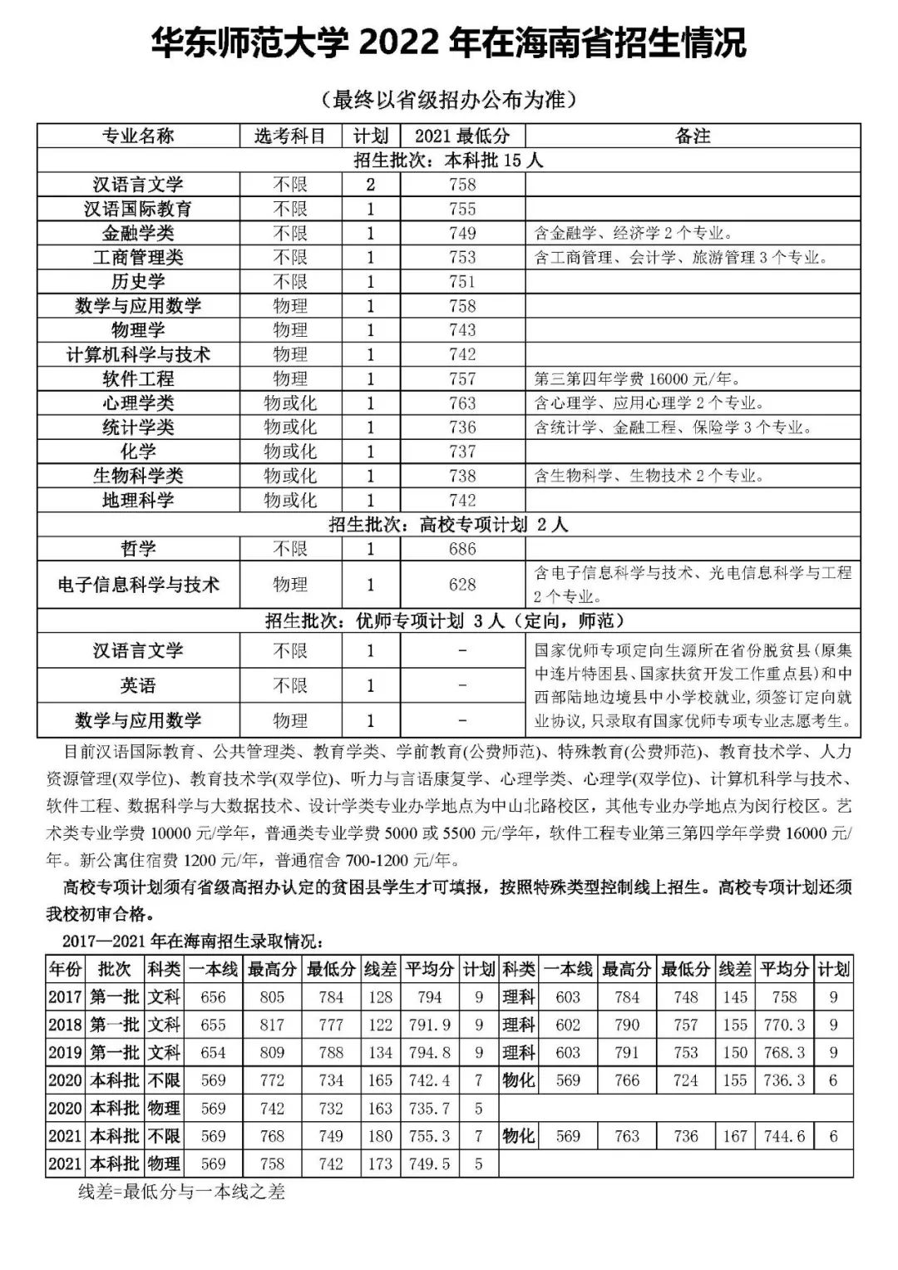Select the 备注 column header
(693, 136)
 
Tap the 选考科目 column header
(290, 136)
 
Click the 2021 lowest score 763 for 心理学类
(462, 403)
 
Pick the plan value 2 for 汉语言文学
(371, 185)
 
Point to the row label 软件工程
(138, 379)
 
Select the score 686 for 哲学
(462, 549)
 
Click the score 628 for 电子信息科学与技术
(462, 585)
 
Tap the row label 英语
(138, 685)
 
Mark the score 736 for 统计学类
(462, 427)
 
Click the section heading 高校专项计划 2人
(448, 525)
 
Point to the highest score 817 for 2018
(272, 1025)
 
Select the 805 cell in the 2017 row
(272, 997)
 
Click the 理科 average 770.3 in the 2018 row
(785, 1025)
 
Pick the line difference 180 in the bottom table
(380, 1136)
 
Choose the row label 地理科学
(138, 501)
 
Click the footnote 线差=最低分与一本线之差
(181, 1192)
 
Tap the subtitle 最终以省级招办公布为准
(448, 100)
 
